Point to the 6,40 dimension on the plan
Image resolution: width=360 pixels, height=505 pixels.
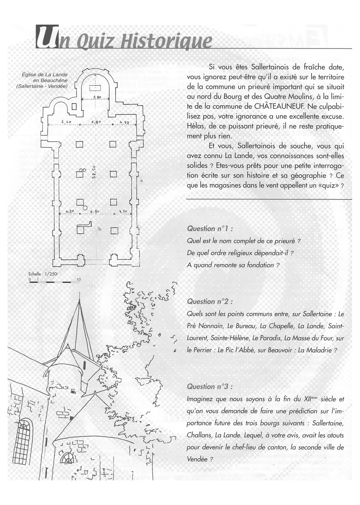pos(67,122)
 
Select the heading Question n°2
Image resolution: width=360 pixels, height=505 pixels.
pos(209,301)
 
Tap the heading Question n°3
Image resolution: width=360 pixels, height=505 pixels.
pos(209,387)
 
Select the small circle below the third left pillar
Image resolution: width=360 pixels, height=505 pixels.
pos(85,208)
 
